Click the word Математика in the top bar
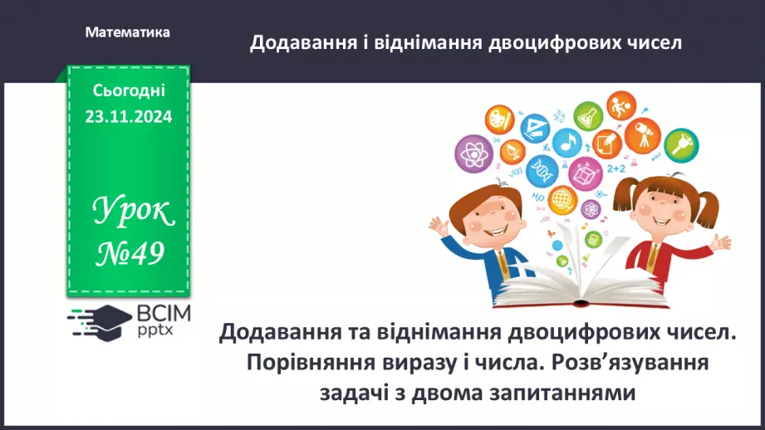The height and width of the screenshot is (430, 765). (128, 32)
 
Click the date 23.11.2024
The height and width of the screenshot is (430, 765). (128, 117)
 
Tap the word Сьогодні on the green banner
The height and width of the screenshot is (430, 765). (128, 90)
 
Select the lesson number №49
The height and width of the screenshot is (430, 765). (128, 252)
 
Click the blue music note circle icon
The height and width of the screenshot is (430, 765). (567, 143)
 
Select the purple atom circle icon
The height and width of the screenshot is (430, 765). (473, 154)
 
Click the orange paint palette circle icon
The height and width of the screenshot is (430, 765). (500, 117)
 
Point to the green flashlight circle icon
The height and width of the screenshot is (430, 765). (681, 144)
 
